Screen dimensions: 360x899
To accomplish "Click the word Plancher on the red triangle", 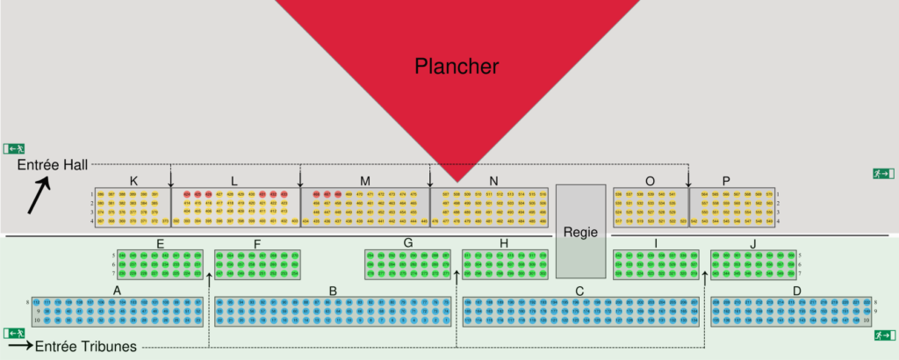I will (x=457, y=66).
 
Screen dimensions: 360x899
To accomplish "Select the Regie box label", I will (x=580, y=233).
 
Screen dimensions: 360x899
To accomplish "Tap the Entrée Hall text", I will (x=49, y=166).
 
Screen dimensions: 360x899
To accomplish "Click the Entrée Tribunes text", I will (x=85, y=347).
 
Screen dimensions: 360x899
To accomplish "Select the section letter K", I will (x=133, y=182).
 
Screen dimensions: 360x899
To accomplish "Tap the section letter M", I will (x=365, y=182).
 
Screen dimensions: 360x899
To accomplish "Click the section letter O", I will (x=650, y=182).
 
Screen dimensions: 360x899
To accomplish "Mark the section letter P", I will (x=726, y=182).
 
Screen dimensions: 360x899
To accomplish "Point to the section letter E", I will (x=161, y=243).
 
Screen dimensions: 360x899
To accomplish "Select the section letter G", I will (x=408, y=243).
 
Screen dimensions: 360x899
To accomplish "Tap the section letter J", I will (x=752, y=243).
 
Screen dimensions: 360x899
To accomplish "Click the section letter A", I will (x=117, y=290).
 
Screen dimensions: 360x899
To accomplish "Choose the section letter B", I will (x=334, y=290).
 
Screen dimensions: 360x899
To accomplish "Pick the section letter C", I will (x=579, y=290).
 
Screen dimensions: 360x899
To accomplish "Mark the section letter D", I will (x=796, y=290).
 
